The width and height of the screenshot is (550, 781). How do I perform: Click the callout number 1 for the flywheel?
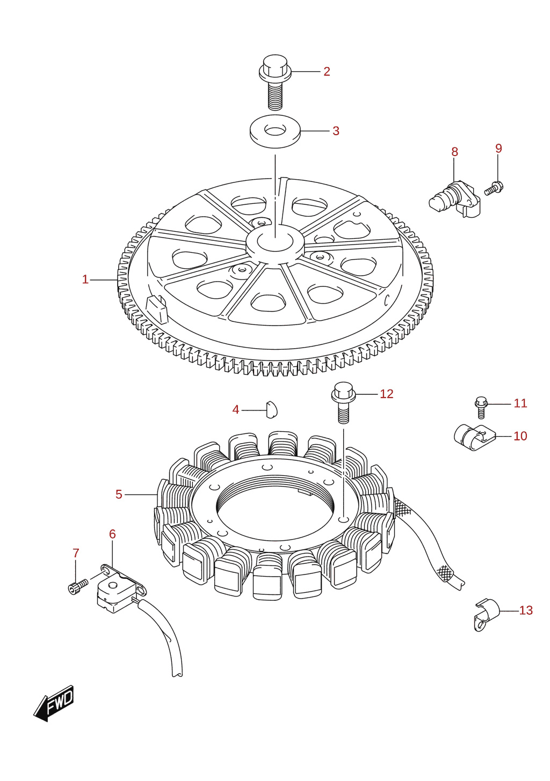85,279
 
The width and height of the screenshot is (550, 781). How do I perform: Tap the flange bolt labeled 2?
275,81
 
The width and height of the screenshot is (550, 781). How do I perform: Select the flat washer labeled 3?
275,131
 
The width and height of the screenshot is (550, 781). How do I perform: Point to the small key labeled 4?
272,409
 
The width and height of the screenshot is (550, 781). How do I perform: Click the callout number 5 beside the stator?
119,494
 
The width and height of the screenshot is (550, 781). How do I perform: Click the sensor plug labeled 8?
454,200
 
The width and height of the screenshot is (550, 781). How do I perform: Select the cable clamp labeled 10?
474,437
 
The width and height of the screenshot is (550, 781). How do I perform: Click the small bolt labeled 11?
481,407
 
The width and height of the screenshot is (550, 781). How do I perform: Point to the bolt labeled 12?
343,402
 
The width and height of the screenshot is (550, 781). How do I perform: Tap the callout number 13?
525,610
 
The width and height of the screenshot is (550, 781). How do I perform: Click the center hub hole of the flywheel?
275,241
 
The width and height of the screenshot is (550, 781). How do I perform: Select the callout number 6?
112,534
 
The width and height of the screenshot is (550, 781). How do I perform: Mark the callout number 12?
386,394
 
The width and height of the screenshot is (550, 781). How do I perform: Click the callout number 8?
454,152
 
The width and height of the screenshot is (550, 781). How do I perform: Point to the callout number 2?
327,71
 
